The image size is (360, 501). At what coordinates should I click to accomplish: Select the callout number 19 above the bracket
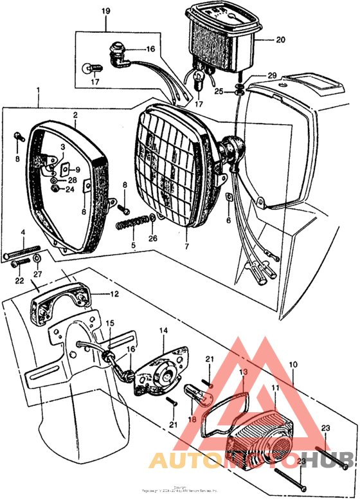[105, 11]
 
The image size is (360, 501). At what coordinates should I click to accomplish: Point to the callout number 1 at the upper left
[38, 89]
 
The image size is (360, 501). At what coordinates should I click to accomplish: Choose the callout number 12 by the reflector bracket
[113, 294]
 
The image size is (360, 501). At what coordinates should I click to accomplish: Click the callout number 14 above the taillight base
[162, 330]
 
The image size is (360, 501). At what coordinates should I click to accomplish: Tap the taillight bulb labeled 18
[194, 390]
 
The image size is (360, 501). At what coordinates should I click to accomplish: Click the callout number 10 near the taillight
[293, 365]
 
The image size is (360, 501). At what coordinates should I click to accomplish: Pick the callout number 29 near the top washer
[271, 76]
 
